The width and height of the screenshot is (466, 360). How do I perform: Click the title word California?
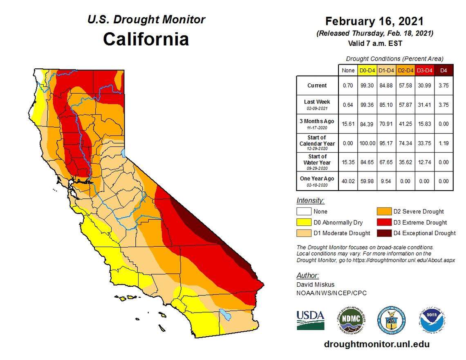[x=146, y=39]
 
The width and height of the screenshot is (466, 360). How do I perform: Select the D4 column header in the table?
[x=444, y=70]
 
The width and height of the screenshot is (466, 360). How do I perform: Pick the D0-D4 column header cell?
[x=367, y=70]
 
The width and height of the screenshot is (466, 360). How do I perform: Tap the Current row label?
[x=317, y=85]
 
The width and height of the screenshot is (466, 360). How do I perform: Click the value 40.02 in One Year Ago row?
[x=348, y=181]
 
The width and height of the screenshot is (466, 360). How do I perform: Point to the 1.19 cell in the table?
[x=444, y=143]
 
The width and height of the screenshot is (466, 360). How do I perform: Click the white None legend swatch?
[x=303, y=212]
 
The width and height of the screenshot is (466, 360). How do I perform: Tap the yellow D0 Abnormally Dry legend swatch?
[x=303, y=223]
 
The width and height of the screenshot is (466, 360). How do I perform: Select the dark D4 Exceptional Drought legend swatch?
[x=383, y=233]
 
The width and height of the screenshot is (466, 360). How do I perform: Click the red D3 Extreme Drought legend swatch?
[x=383, y=223]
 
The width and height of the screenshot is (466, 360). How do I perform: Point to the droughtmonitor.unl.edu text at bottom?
[x=376, y=344]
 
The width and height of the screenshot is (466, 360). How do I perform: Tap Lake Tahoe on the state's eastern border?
[x=123, y=154]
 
